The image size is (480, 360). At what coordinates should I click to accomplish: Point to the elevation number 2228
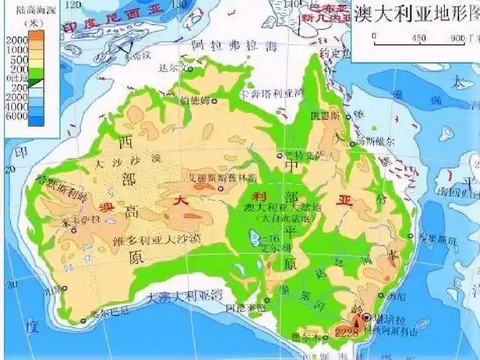(x=346, y=332)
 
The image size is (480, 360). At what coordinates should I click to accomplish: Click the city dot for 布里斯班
(x=411, y=235)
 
